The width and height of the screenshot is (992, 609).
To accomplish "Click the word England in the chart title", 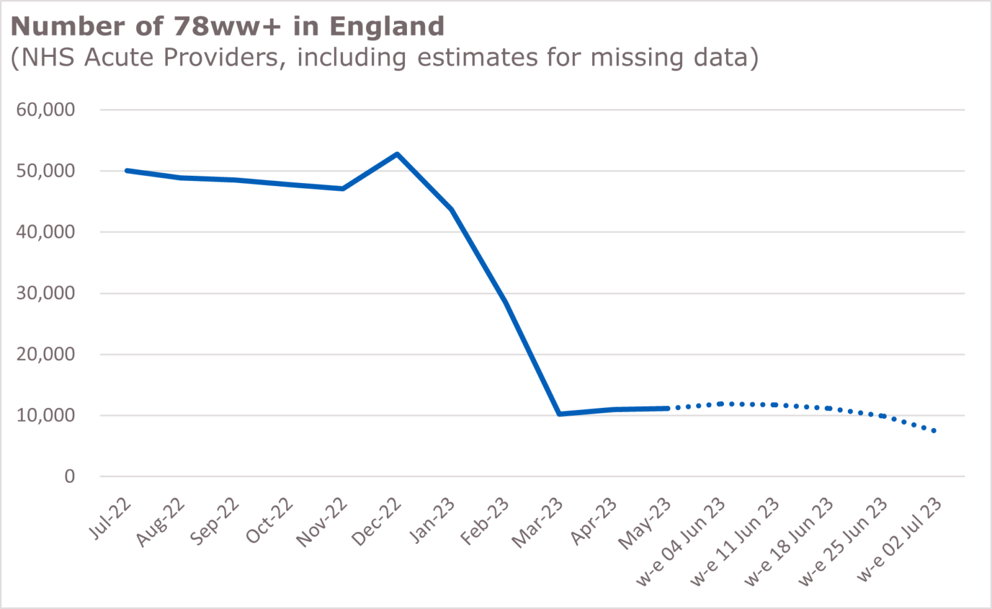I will tap(387, 27).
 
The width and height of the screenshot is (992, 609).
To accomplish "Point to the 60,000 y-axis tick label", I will tap(46, 110).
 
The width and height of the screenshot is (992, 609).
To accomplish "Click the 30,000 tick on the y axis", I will tap(46, 294).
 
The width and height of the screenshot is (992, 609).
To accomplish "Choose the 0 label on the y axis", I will tap(70, 477).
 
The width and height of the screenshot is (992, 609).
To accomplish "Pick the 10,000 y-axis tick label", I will tap(46, 416).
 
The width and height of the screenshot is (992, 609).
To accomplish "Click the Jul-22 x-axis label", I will tap(110, 519).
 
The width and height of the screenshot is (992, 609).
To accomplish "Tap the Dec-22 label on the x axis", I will tap(377, 522).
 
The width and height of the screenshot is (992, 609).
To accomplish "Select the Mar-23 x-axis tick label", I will tap(537, 523).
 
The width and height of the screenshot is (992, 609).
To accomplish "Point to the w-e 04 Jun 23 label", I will tap(681, 542).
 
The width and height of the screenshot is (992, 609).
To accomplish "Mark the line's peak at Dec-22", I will tap(397, 154).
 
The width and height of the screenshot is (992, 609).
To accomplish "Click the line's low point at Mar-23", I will tap(559, 414).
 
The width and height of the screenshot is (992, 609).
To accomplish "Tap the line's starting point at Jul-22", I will tap(127, 171).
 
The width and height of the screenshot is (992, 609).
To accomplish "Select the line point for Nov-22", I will tap(343, 189).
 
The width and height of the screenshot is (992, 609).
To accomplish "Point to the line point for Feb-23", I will tap(505, 301).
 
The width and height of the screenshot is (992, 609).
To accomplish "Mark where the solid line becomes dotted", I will tap(668, 409).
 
